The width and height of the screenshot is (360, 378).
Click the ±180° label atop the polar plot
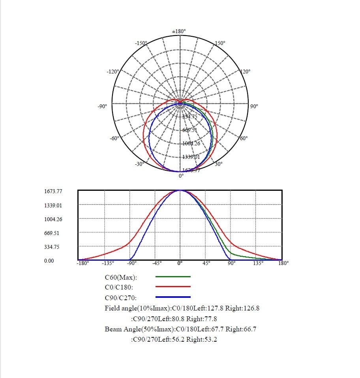[x=179, y=31]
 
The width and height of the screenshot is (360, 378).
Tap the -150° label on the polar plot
[x=141, y=43]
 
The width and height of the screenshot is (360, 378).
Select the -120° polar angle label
[x=112, y=71]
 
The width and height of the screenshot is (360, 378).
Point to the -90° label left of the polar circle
[x=102, y=106]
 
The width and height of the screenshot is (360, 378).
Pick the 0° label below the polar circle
[x=181, y=176]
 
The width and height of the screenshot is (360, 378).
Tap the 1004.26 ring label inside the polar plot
[x=191, y=143]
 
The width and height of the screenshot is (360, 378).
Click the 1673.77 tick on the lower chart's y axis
[x=53, y=191]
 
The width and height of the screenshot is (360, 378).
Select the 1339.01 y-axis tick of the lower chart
[x=53, y=205]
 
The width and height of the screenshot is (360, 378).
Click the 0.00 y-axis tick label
[x=49, y=261]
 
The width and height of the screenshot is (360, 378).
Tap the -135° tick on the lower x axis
[x=108, y=263]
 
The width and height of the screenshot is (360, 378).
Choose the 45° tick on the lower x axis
[x=206, y=263]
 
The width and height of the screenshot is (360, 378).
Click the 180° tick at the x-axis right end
[x=283, y=263]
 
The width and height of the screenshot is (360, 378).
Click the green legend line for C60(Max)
[x=173, y=277]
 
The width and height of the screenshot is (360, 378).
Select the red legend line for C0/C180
[x=173, y=287]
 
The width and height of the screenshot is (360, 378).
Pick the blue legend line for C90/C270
[x=173, y=297]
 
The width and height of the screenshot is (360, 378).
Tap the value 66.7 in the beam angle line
[x=249, y=329]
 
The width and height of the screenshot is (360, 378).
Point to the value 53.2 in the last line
[x=209, y=339]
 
